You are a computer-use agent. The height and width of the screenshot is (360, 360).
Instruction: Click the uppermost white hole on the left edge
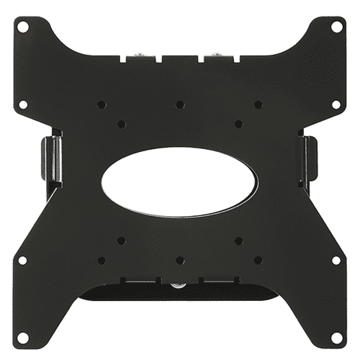(x=23, y=26)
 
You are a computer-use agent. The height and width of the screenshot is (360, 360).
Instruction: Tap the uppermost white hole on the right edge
(x=336, y=26)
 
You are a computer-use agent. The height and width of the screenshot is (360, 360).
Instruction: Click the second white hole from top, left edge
(x=23, y=104)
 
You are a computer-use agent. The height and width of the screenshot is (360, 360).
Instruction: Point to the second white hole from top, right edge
(x=336, y=104)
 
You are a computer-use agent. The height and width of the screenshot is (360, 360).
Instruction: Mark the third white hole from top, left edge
(x=23, y=259)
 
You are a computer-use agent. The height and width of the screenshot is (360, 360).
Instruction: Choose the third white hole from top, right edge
(x=336, y=259)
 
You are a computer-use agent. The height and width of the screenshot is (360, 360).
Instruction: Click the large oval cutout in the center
(x=180, y=181)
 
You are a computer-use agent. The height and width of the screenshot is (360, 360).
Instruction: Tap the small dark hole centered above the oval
(x=180, y=104)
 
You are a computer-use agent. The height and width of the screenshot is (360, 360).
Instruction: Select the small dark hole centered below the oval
(x=180, y=260)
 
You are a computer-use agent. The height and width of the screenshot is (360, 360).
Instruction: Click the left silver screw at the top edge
(x=138, y=55)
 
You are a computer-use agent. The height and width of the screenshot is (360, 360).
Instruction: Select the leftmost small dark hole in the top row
(x=102, y=104)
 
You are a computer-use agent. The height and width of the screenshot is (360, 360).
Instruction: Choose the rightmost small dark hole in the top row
(x=258, y=104)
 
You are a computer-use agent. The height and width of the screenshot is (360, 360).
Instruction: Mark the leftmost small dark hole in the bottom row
(x=102, y=260)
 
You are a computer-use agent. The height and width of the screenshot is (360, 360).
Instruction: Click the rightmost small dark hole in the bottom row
(x=258, y=260)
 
